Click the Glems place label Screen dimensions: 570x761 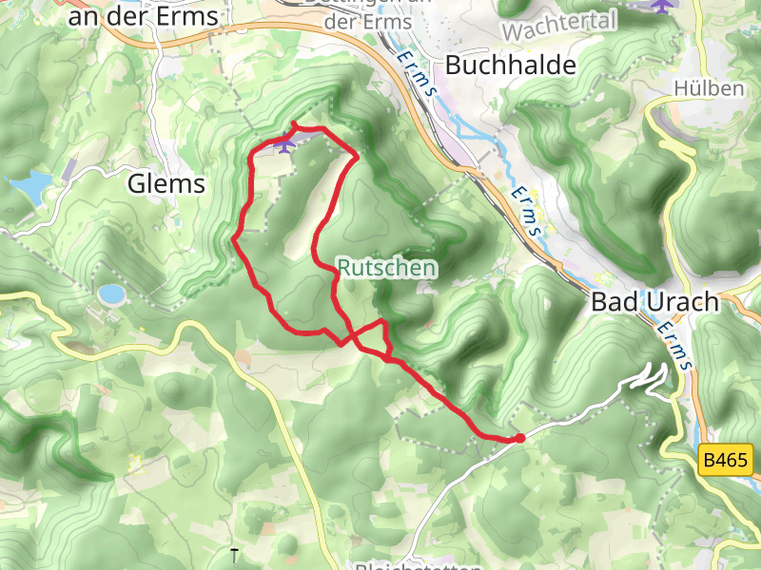tap(166, 183)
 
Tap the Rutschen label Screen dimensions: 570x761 tap(386, 269)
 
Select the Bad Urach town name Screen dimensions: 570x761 tap(655, 303)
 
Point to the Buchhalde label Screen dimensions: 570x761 tap(511, 66)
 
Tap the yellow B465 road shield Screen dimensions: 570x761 tap(726, 462)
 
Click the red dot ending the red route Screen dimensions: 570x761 tap(519, 438)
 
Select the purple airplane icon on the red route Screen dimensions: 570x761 tap(284, 144)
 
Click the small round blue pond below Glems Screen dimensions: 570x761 tap(111, 294)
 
